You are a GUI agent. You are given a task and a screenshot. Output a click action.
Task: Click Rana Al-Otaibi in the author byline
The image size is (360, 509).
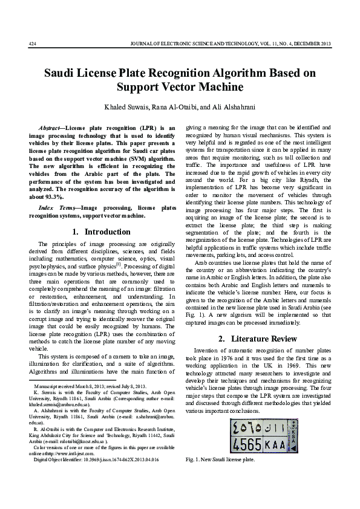(x=171, y=107)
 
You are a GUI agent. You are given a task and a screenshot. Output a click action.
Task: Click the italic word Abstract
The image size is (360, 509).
(x=48, y=128)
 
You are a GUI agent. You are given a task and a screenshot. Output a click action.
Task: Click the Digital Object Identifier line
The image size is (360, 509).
(x=96, y=459)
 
